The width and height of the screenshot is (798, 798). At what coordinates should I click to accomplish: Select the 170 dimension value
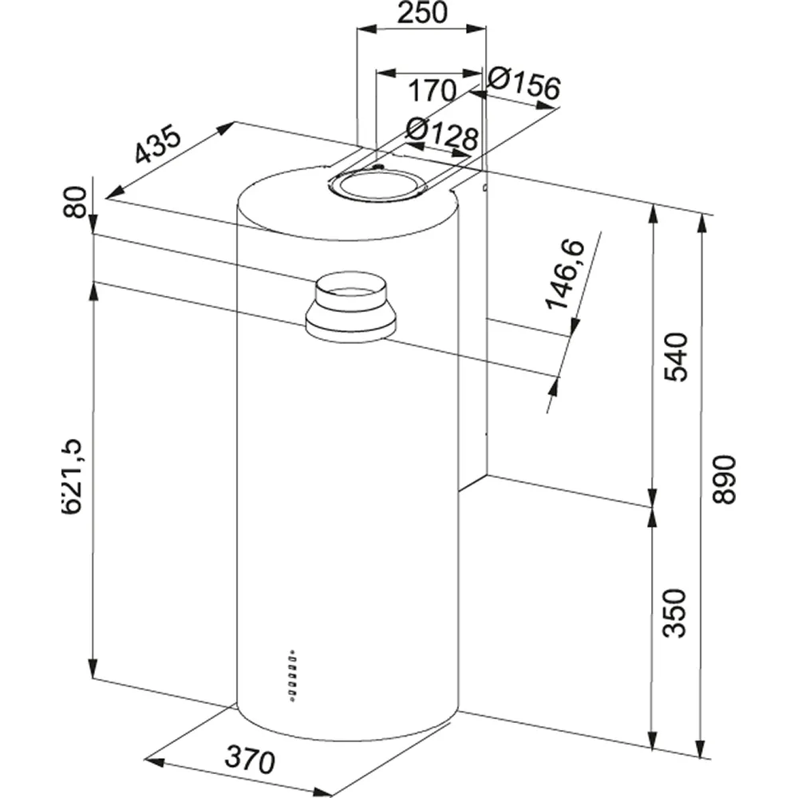pos(432,90)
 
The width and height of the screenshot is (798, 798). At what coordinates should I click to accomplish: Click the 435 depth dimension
pos(158,144)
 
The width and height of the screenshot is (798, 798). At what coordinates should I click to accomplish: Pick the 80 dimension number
pos(75,203)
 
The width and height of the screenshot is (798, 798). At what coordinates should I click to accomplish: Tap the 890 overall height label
pos(723,479)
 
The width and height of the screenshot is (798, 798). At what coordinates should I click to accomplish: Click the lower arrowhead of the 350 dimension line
pos(654,739)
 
